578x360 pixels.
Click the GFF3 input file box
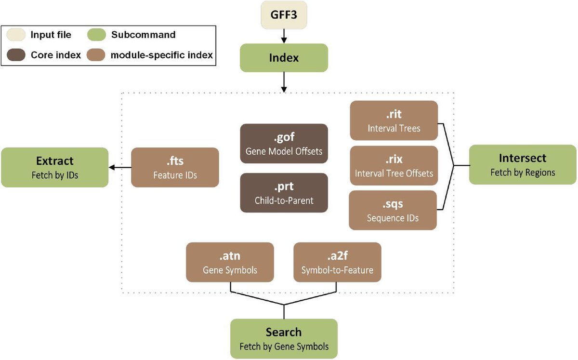point(284,15)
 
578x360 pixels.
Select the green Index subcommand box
point(284,58)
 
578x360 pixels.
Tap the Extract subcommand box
point(54,167)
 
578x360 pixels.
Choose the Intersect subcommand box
point(523,164)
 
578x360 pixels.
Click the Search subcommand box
point(284,339)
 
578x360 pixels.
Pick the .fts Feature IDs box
point(175,167)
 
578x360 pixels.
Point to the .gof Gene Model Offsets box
point(284,144)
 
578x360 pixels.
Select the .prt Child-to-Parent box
point(284,193)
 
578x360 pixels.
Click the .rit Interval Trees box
point(394,120)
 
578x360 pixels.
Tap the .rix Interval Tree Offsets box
point(394,165)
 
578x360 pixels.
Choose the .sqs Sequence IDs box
point(394,210)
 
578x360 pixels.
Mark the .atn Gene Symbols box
point(230,262)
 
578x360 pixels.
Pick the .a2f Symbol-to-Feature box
point(337,262)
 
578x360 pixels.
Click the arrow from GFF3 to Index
point(284,36)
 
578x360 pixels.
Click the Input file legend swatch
point(16,35)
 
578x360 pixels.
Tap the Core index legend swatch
point(16,55)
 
